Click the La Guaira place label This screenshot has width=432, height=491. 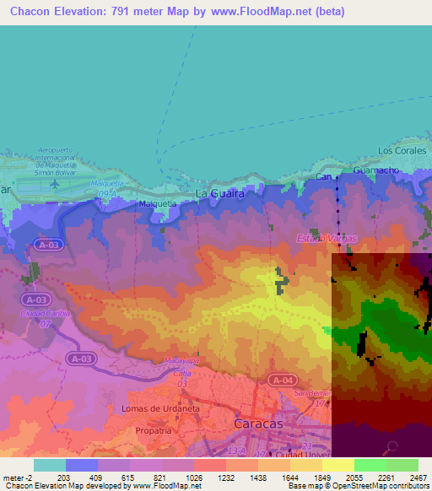pyautogui.click(x=220, y=193)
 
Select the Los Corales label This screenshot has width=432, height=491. pyautogui.click(x=397, y=151)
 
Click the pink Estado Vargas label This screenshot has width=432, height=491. pyautogui.click(x=326, y=239)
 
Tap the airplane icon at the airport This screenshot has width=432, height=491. pyautogui.click(x=56, y=183)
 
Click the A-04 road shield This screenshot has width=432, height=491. pyautogui.click(x=283, y=380)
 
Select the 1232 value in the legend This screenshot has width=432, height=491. pyautogui.click(x=225, y=478)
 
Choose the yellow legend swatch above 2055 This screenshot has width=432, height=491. pyautogui.click(x=337, y=465)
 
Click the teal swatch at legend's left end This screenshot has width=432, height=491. pyautogui.click(x=49, y=465)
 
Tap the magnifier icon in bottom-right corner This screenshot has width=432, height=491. pyautogui.click(x=391, y=448)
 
